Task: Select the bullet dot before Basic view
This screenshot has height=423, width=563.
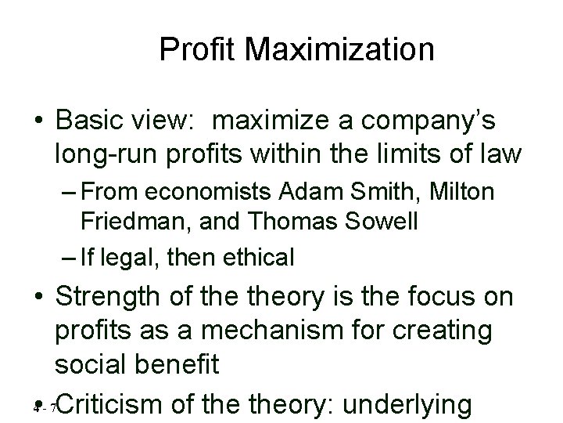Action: point(39,122)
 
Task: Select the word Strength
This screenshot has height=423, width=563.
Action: point(111,298)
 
